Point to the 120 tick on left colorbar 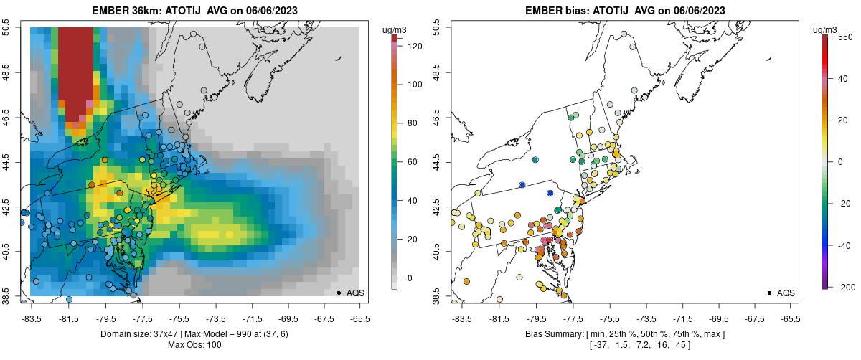(x=415, y=47)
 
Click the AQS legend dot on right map (x=769, y=293)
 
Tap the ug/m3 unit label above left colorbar (x=395, y=29)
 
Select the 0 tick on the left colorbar (x=411, y=278)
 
